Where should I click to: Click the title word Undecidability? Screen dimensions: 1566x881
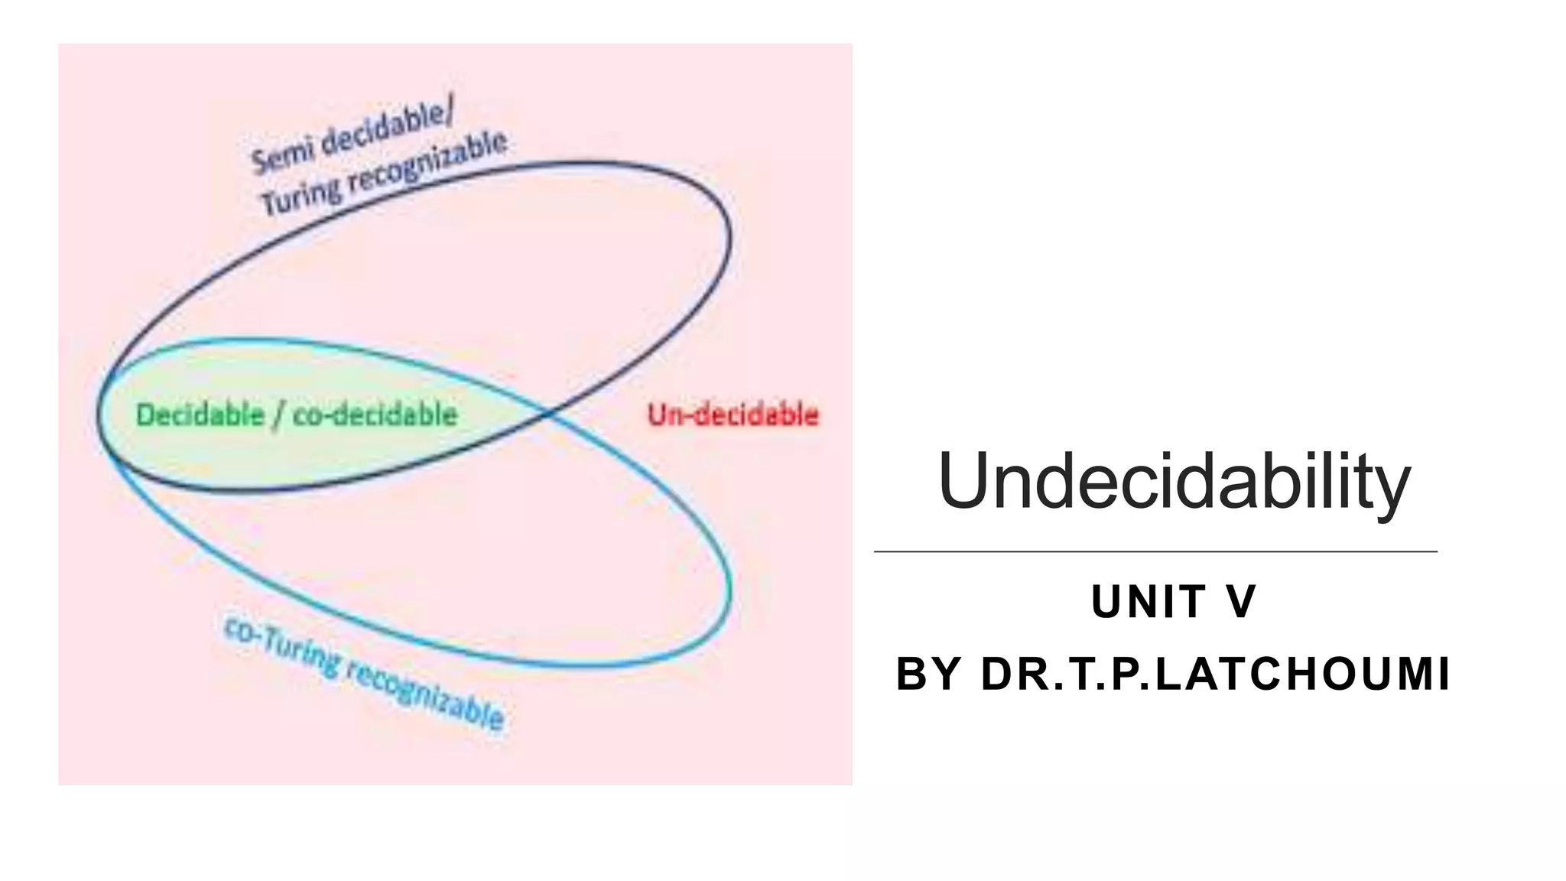pos(1174,482)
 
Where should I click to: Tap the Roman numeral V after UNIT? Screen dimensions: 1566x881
pos(1240,602)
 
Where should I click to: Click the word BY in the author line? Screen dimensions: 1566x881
pos(928,675)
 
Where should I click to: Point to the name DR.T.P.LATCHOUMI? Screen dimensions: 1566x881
pos(1215,675)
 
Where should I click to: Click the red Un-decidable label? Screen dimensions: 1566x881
pos(733,415)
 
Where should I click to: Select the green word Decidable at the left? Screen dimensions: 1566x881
pos(200,415)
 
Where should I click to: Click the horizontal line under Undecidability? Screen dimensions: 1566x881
pos(1155,551)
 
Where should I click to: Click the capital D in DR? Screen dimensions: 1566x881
pos(996,675)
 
